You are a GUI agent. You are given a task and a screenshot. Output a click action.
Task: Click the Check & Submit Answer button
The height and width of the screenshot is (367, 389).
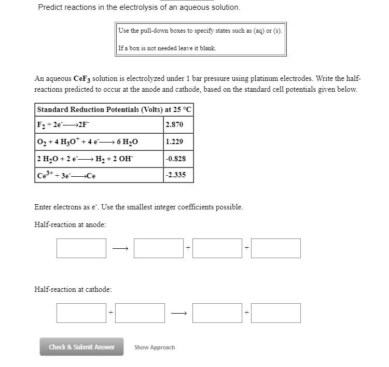tap(81, 347)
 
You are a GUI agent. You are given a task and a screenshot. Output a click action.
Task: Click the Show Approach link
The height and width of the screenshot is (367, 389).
tap(155, 347)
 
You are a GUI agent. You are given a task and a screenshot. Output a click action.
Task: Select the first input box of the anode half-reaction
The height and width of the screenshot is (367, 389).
tap(81, 248)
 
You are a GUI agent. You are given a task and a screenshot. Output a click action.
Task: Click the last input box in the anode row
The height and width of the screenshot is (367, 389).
tap(276, 248)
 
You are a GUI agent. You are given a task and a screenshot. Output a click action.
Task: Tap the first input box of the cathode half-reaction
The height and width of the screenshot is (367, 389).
tap(81, 313)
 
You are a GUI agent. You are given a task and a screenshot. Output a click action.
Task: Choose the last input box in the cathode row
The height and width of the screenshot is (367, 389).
tap(276, 313)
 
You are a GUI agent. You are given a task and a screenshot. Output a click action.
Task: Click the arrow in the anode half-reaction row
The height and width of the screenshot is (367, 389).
tap(120, 249)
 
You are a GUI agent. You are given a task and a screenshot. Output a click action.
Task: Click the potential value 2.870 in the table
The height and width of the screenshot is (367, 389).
tap(174, 125)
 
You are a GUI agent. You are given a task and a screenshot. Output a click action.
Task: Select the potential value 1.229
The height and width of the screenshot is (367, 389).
tap(174, 142)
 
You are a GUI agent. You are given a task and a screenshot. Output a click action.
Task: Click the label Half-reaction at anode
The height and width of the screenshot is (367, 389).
tap(70, 224)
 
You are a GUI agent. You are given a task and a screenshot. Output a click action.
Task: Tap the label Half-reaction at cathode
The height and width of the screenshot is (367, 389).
tap(73, 289)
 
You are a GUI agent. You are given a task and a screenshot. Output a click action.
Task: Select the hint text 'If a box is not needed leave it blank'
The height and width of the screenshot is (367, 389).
tap(168, 48)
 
